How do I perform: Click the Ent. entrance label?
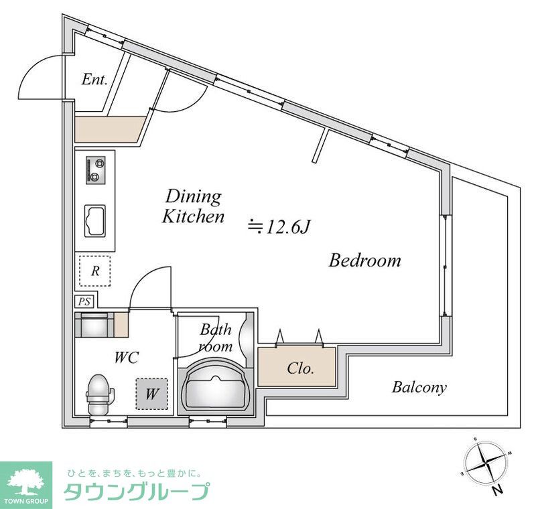(x=94, y=80)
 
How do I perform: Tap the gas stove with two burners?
(x=95, y=169)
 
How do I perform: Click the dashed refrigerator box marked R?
(x=96, y=271)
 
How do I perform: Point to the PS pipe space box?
(x=84, y=301)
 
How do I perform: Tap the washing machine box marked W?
(x=151, y=394)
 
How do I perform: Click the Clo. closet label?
(x=301, y=368)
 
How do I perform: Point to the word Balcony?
(x=419, y=387)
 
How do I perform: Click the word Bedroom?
(x=364, y=261)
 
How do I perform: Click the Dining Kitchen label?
(x=194, y=206)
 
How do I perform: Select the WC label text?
(x=126, y=358)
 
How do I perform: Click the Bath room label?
(x=216, y=338)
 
